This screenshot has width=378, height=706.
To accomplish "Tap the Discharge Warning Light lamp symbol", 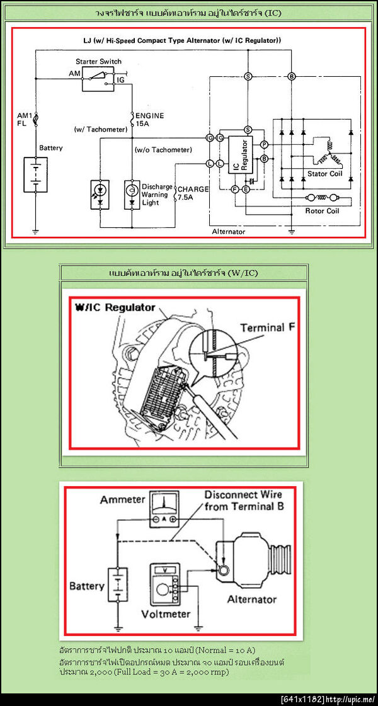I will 132,190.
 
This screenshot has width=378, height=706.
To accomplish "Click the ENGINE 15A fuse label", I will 149,120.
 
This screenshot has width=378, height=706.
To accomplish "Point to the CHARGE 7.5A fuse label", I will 193,193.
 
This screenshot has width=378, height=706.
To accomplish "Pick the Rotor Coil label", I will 322,211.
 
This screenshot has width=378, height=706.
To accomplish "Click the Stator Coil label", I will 325,173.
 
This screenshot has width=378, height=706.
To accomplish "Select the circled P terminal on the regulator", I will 265,145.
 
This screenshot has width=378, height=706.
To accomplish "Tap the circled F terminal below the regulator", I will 234,189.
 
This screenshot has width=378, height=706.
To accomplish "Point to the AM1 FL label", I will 25,119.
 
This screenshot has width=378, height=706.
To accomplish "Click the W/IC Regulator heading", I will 115,308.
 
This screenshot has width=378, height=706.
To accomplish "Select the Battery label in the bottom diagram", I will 86,586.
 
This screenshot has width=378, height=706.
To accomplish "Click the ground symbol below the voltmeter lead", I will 198,626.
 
